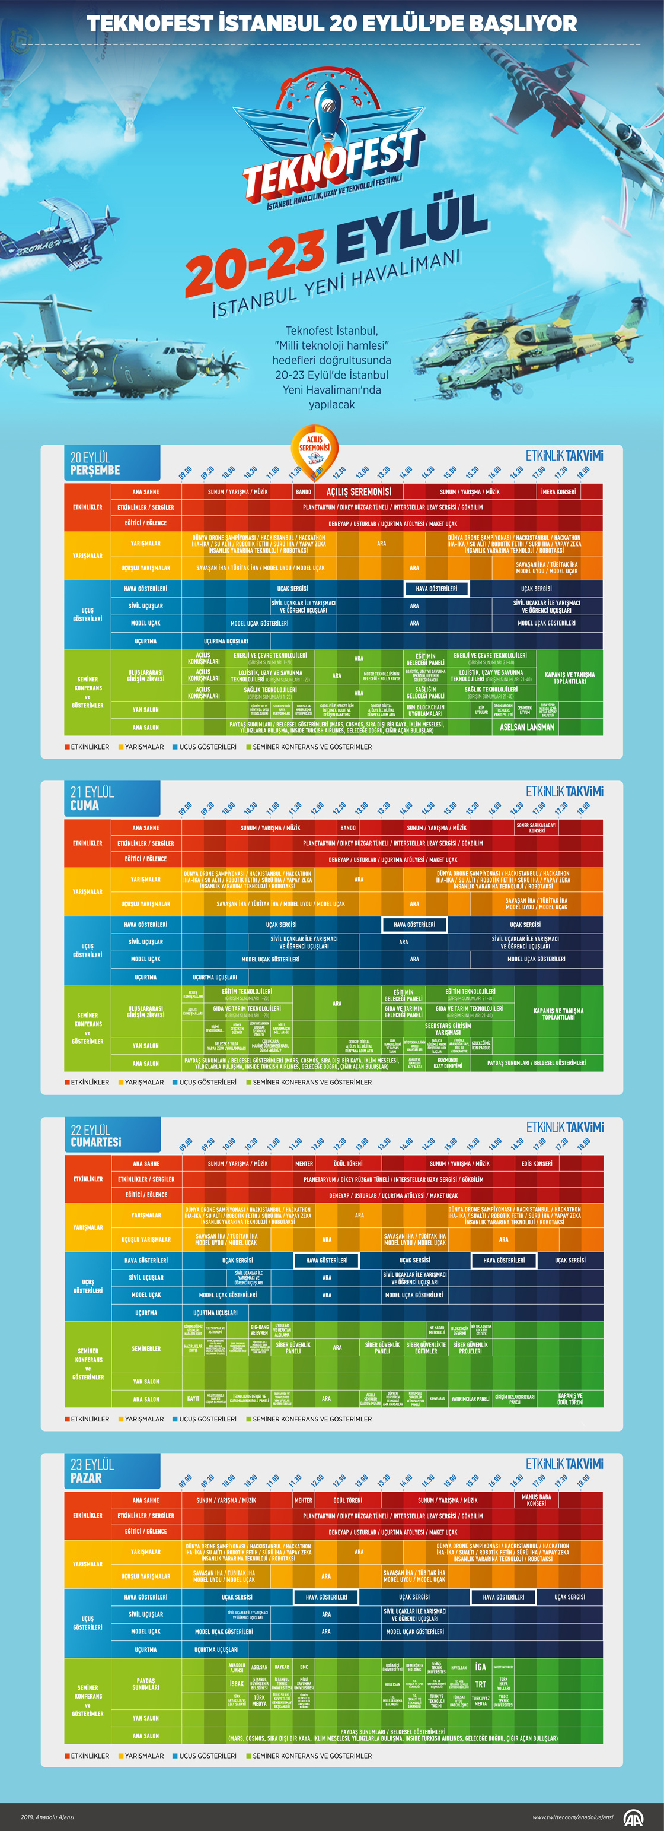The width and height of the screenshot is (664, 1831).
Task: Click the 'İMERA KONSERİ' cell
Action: click(558, 492)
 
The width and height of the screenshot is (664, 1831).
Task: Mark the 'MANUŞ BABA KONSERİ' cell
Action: click(536, 1500)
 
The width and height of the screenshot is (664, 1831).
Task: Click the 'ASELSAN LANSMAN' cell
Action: click(527, 727)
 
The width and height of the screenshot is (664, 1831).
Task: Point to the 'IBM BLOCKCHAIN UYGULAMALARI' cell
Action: click(426, 710)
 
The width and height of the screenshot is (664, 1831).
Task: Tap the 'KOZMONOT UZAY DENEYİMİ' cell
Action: click(448, 1062)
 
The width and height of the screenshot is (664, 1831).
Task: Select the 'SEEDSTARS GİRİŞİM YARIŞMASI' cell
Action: click(448, 1029)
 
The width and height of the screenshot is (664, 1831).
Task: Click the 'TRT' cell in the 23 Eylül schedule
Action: click(481, 1684)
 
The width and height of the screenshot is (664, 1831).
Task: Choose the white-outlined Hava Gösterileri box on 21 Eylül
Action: click(414, 925)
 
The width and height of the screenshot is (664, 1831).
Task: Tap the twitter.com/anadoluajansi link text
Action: click(572, 1817)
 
